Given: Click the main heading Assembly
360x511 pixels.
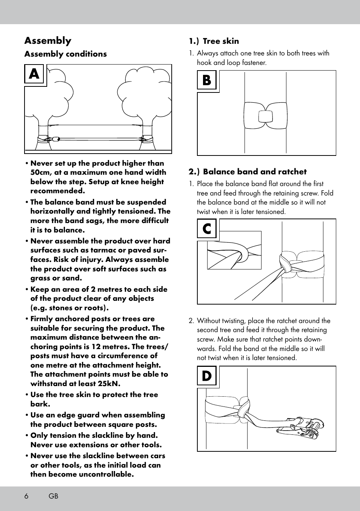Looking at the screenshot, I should [x=48, y=41].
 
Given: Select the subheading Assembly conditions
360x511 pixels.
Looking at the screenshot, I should [x=65, y=54].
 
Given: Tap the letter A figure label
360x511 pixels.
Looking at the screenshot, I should [x=34, y=74].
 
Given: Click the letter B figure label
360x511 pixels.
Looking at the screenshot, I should [x=206, y=80].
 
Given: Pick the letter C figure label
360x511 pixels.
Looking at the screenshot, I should [x=206, y=229].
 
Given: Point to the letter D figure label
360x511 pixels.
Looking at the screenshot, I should [x=206, y=376].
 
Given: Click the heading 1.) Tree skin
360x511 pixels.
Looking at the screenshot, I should [x=214, y=41].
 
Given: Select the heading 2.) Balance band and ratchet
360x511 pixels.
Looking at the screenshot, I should [x=248, y=172].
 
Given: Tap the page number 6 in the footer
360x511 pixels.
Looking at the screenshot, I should [x=26, y=496].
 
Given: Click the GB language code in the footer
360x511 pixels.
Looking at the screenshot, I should [x=53, y=496].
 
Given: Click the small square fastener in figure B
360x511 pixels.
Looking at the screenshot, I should [x=265, y=116].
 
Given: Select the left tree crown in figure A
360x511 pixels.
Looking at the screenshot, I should [x=57, y=91].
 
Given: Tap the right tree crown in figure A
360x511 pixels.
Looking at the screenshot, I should [x=142, y=91].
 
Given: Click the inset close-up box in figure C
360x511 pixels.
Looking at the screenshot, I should [x=234, y=250].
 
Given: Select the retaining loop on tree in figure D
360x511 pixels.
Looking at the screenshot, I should [x=243, y=408].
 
